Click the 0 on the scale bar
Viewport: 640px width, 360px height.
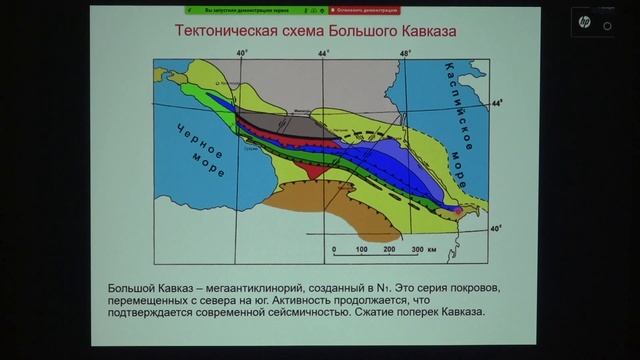click(333, 249)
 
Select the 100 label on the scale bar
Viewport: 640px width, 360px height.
click(362, 249)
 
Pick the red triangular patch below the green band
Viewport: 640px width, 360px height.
click(319, 169)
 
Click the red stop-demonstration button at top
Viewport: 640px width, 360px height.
click(369, 8)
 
